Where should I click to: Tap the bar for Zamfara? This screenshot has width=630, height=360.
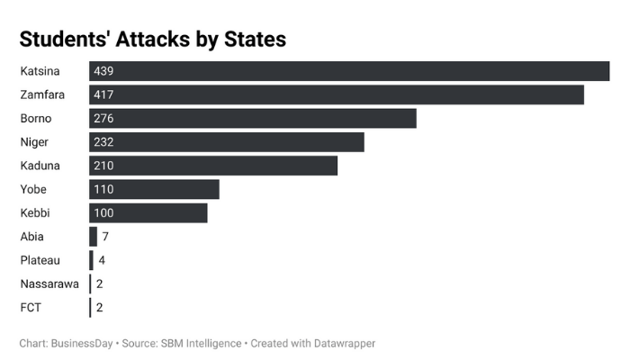click(x=337, y=94)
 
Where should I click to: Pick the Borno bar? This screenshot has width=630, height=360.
click(x=253, y=118)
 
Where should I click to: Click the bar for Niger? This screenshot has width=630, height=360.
click(x=227, y=142)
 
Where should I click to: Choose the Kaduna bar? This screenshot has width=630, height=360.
click(x=213, y=166)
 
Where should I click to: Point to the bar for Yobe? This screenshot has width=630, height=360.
click(x=154, y=189)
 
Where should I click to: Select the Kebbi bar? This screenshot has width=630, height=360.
click(x=148, y=212)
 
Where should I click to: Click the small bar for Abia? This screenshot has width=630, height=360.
click(x=93, y=237)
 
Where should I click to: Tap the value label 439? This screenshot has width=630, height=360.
click(x=103, y=71)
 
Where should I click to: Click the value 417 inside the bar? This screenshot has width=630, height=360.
click(x=103, y=94)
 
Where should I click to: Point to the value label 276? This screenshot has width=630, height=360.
click(x=103, y=118)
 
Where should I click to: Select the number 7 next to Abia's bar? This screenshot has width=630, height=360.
click(x=105, y=237)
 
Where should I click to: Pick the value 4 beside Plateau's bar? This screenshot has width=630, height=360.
click(x=102, y=260)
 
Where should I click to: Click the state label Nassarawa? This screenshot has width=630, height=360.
click(x=49, y=283)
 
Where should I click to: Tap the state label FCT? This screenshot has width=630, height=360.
click(x=31, y=308)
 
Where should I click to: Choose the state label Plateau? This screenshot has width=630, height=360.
click(x=40, y=260)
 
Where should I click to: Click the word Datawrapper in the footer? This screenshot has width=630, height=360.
click(x=340, y=343)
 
